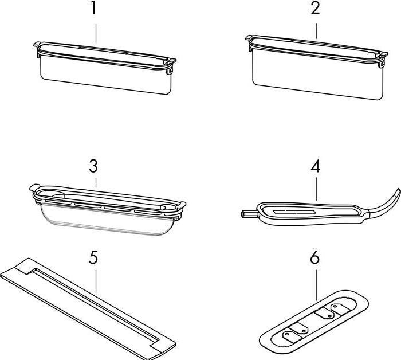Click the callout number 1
94,9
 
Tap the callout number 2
316,9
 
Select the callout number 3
93,166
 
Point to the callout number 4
315,167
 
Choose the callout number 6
315,257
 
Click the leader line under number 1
96,33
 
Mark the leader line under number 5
96,281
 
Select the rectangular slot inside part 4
293,212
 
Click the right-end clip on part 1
170,70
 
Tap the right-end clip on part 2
382,64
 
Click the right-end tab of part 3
182,204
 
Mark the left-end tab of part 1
37,45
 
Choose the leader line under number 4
316,189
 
